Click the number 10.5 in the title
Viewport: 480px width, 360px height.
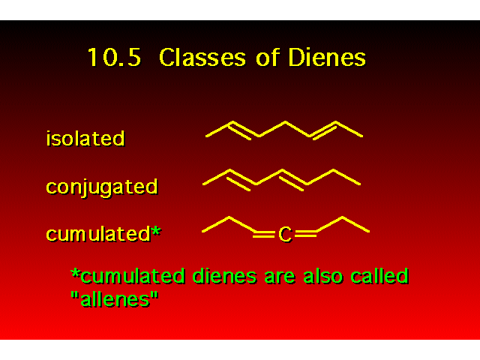click(x=114, y=57)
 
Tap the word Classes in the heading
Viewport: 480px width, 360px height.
click(x=202, y=57)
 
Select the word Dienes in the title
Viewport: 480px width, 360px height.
click(x=327, y=57)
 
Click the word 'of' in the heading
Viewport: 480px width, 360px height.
click(x=268, y=57)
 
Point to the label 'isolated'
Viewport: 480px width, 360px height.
click(x=85, y=138)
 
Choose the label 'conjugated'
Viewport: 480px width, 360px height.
click(x=102, y=187)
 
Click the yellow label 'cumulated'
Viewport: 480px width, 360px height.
click(x=98, y=234)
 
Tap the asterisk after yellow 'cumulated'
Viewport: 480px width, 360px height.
click(x=156, y=230)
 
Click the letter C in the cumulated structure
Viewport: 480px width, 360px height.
click(x=285, y=235)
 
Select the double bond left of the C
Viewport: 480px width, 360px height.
click(x=264, y=235)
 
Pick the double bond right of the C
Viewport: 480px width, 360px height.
click(x=305, y=235)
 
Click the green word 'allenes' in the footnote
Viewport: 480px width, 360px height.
click(x=115, y=299)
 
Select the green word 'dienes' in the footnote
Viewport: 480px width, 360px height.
click(x=224, y=276)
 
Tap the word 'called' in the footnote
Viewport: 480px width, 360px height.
click(x=379, y=275)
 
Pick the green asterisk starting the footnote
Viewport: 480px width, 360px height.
click(x=75, y=273)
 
